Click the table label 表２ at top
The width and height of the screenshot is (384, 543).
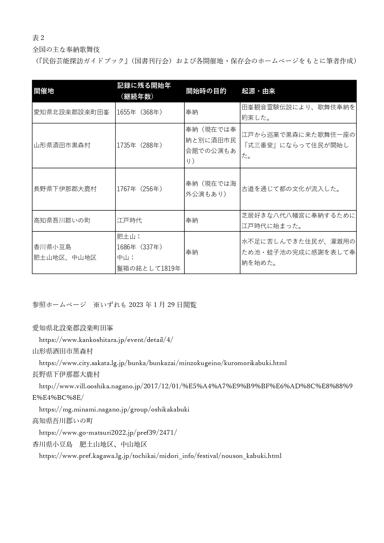38,38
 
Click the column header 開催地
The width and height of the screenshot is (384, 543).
44,91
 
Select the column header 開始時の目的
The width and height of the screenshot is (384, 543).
206,91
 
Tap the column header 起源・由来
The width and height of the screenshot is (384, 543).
258,91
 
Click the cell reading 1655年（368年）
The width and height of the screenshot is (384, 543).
140,112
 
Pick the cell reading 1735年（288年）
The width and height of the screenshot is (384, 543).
140,145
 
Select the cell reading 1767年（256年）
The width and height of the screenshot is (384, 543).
140,189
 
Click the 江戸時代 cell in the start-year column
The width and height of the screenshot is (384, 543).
129,221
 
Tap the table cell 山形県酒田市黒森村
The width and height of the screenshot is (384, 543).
62,145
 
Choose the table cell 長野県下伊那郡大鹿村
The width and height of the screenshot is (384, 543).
65,189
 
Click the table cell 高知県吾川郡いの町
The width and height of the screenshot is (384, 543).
62,221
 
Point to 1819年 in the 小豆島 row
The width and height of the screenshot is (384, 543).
171,269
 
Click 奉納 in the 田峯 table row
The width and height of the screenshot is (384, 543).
192,112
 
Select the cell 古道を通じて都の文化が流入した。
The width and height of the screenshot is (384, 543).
291,189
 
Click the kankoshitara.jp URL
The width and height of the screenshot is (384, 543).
106,340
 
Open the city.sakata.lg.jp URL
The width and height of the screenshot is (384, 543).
163,363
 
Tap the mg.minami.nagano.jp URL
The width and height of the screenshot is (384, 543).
114,409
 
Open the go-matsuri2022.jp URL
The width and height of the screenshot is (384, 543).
108,433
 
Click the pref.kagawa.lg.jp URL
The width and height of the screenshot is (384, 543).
160,456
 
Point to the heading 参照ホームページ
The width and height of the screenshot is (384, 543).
59,305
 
